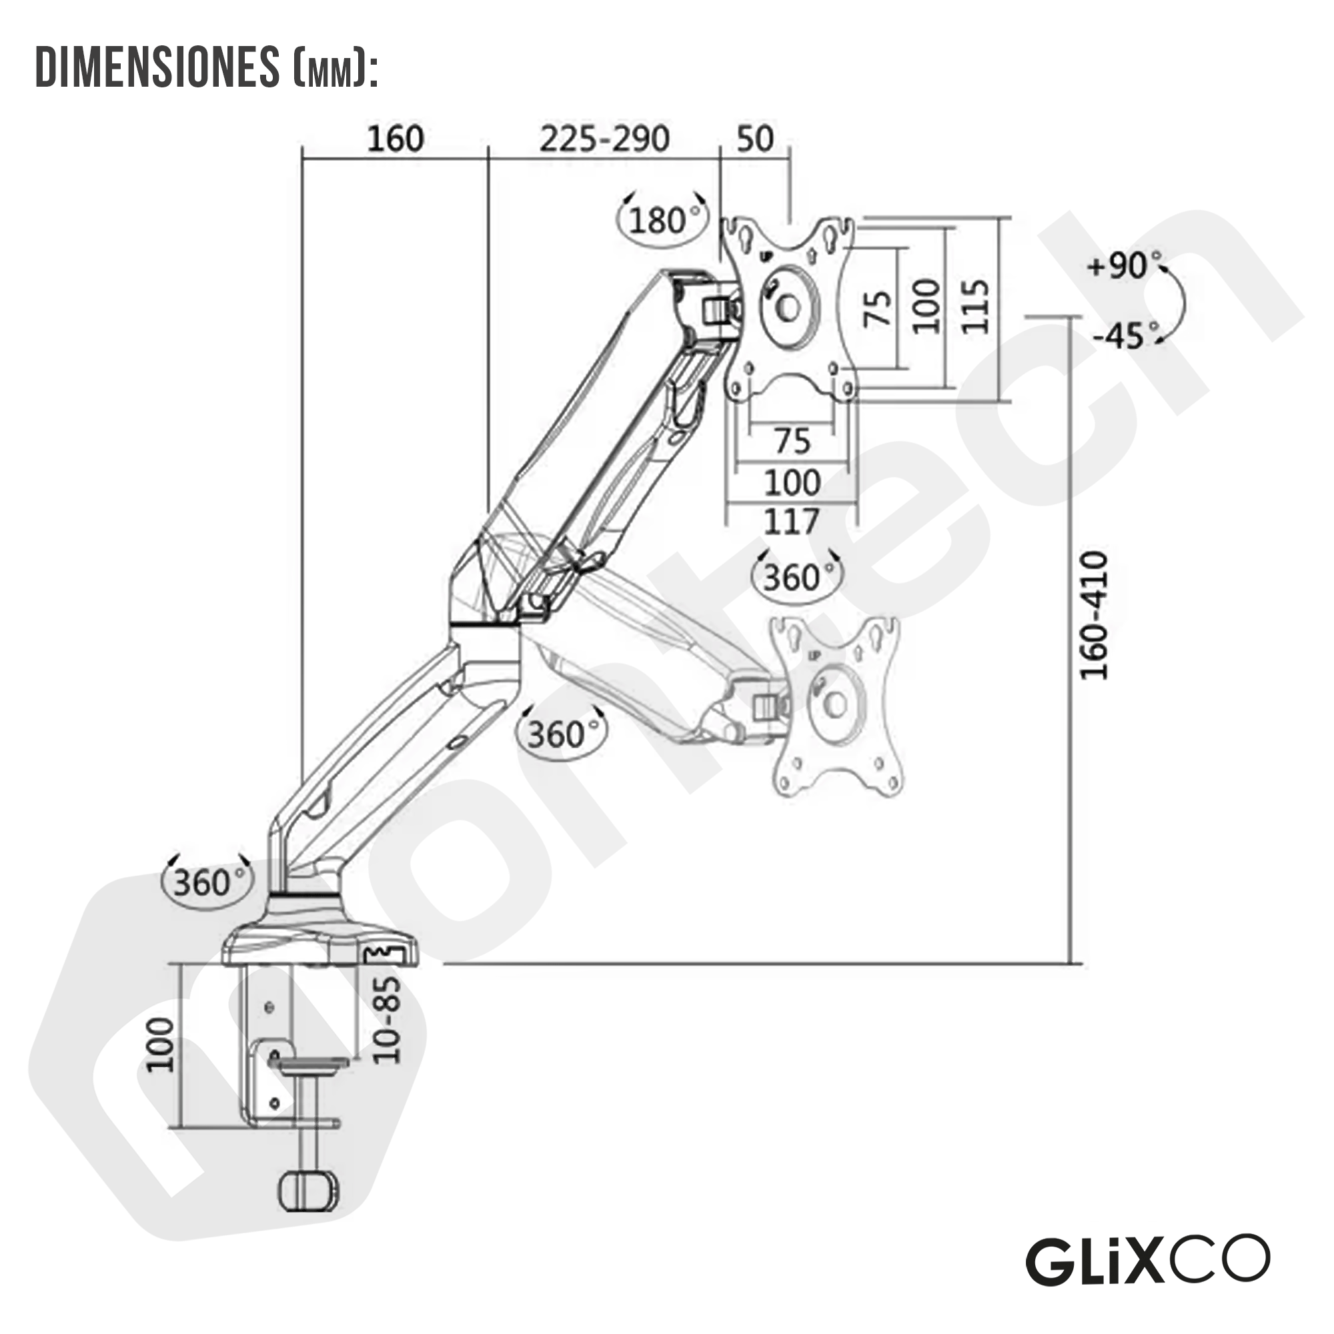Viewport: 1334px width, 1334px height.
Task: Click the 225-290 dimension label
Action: pos(604,139)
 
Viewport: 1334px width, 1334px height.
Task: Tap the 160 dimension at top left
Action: pos(395,139)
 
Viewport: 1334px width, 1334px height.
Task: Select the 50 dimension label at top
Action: pos(754,139)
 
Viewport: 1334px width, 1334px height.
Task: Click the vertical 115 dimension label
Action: pos(976,307)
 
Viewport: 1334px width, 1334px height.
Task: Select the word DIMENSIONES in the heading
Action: pos(157,67)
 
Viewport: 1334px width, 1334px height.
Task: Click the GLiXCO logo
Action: pos(1147,1260)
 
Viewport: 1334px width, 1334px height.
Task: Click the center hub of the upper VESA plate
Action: pos(788,308)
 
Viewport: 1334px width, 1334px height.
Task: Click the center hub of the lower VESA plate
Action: pos(836,705)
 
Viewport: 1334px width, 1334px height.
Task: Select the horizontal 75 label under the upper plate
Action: pos(792,440)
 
